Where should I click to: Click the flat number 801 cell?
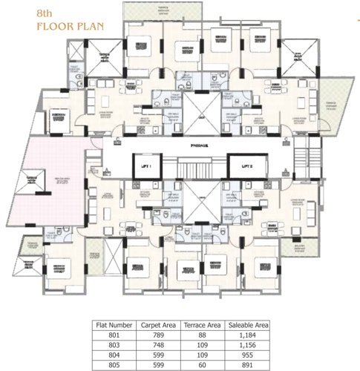[x=114, y=335]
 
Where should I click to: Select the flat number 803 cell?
[x=114, y=345]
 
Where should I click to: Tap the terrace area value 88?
[x=203, y=335]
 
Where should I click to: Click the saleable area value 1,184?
[x=249, y=335]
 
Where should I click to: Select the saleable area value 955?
[x=249, y=355]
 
